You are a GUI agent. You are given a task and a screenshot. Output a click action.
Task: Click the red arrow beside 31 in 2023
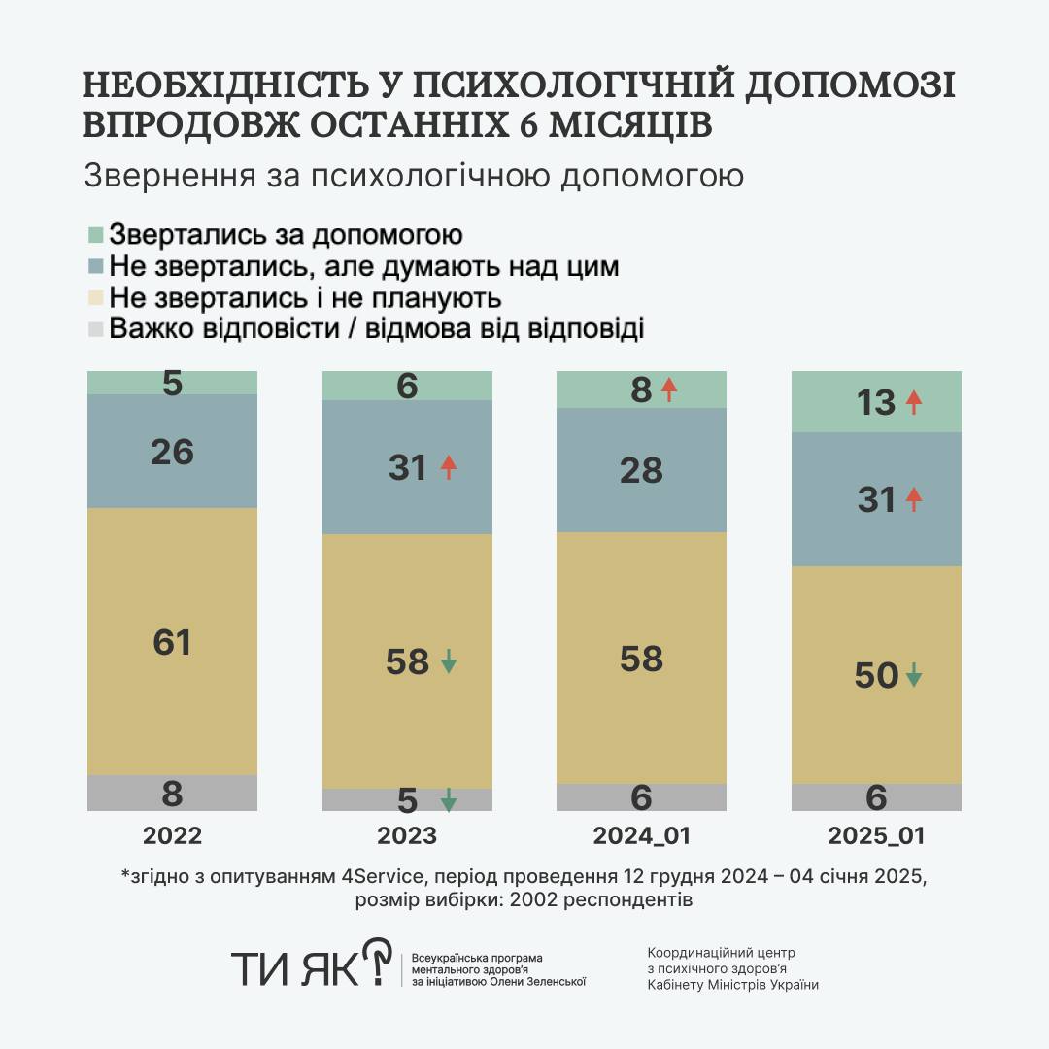click(x=448, y=467)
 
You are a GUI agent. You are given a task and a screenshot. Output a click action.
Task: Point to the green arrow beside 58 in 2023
click(x=448, y=662)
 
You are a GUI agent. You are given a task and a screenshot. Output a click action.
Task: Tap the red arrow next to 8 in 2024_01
click(x=668, y=389)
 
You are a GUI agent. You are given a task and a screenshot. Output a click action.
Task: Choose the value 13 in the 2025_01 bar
click(x=876, y=402)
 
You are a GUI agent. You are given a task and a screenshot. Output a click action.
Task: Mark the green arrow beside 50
click(x=913, y=674)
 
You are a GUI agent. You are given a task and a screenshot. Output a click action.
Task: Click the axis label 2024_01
click(x=641, y=836)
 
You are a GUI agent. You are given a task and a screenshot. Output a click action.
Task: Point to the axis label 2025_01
click(x=876, y=836)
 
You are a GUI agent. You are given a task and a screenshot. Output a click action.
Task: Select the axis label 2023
click(x=407, y=836)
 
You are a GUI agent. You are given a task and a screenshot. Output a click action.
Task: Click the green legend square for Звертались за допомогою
click(x=95, y=235)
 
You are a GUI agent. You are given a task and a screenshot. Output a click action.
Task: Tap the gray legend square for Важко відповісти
click(x=95, y=329)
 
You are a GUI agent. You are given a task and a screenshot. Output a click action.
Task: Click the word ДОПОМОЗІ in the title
click(x=850, y=85)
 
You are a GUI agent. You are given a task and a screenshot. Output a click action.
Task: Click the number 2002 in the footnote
click(x=526, y=900)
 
